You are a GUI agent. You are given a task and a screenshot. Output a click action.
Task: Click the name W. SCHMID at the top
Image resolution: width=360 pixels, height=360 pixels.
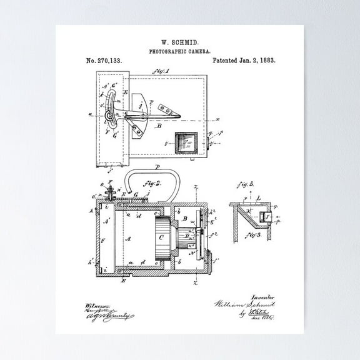tap(179, 41)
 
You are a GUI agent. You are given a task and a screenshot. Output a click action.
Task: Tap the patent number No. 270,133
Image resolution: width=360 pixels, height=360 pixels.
tap(104, 61)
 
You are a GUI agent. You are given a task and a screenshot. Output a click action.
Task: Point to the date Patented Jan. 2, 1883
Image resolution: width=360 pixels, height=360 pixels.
tap(244, 61)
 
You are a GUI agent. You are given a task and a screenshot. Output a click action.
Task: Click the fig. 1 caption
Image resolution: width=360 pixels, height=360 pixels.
tap(161, 72)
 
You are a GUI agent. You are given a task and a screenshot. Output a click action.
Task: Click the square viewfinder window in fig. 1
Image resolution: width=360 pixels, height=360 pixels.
tap(187, 144)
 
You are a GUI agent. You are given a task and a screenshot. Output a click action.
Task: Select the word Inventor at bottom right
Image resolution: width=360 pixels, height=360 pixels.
tap(262, 298)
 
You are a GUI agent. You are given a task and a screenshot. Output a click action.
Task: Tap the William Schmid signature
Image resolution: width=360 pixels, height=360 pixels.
tap(244, 305)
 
